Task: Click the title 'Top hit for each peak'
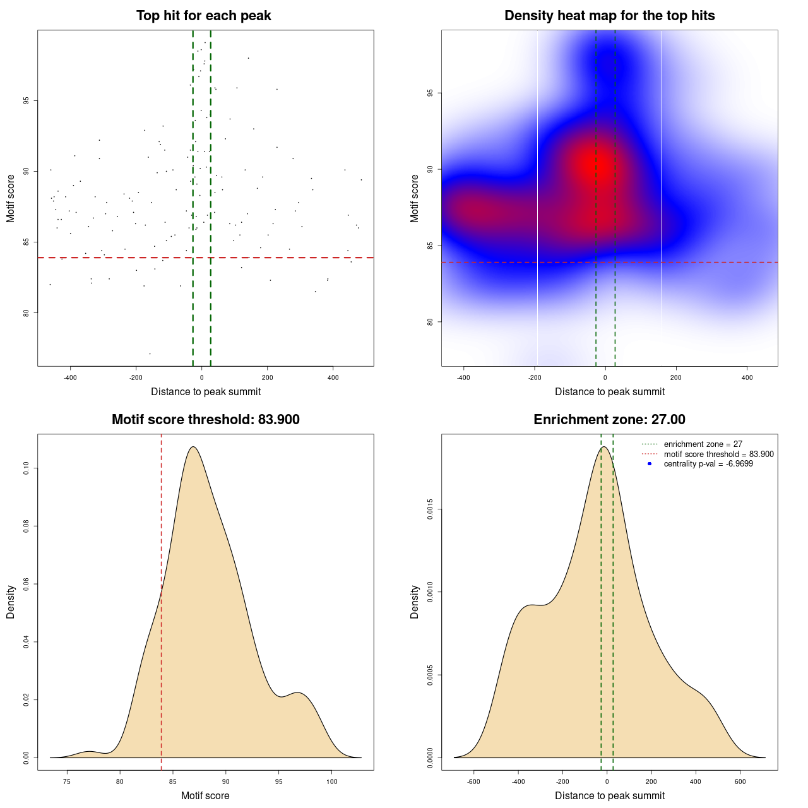(x=203, y=16)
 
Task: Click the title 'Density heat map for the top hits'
(x=609, y=16)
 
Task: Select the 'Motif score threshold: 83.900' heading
(x=205, y=420)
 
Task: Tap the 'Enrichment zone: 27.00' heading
(x=609, y=420)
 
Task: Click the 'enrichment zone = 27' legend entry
(x=703, y=444)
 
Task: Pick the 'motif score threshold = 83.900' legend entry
(x=718, y=454)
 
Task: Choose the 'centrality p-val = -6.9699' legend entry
(x=708, y=464)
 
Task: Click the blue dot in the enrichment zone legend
(x=650, y=464)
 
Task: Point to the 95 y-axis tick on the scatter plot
(x=26, y=101)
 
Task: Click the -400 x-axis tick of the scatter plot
(x=70, y=377)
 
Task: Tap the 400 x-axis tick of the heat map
(x=747, y=377)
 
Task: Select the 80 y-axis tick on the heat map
(x=430, y=322)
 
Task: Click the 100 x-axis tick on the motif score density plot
(x=332, y=781)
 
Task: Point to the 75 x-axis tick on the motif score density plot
(x=67, y=781)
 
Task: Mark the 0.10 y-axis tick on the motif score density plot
(x=26, y=468)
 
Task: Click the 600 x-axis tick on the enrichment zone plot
(x=740, y=781)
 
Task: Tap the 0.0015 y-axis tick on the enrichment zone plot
(x=430, y=509)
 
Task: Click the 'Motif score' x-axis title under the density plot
(x=205, y=795)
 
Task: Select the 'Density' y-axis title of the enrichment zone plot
(x=415, y=602)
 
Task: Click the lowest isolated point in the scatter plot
(x=150, y=353)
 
